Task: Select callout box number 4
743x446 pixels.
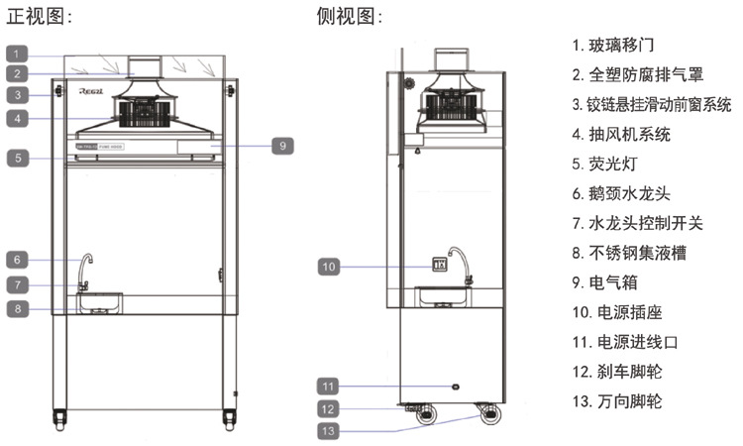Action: click(21, 118)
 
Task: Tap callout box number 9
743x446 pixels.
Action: click(281, 145)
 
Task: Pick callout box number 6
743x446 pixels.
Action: click(21, 260)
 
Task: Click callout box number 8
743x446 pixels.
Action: click(21, 308)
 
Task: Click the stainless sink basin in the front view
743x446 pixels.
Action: click(100, 300)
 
